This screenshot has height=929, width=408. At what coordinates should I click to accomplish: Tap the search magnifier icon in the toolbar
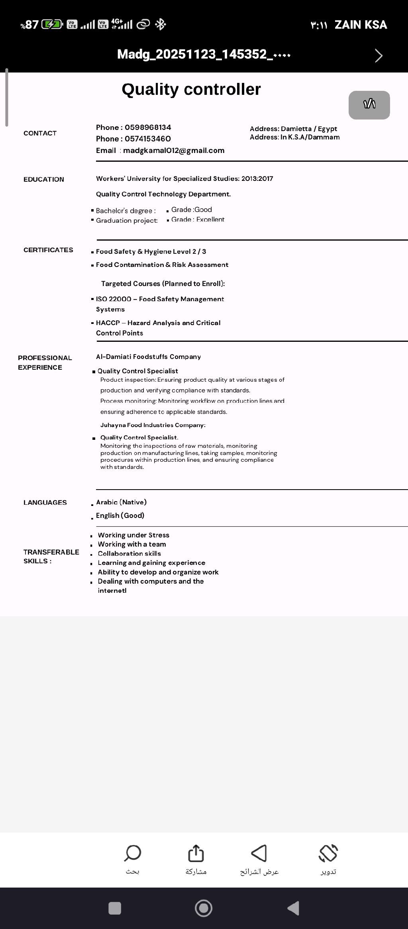(133, 853)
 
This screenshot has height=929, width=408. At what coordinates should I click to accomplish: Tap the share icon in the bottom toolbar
(196, 853)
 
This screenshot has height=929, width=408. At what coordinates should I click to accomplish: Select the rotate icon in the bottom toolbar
(328, 853)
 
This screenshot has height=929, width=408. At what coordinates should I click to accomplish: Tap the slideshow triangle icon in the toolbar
(259, 853)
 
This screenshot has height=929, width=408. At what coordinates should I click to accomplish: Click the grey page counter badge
(369, 105)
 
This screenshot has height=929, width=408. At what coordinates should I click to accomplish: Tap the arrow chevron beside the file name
(379, 55)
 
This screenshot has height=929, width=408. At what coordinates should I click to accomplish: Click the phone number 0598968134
(148, 127)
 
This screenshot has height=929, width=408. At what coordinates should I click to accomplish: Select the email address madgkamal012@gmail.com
(174, 151)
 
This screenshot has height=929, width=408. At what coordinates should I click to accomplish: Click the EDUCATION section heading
(44, 180)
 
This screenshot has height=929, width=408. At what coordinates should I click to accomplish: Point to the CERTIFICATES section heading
(48, 250)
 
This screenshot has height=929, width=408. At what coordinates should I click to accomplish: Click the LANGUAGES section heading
(45, 503)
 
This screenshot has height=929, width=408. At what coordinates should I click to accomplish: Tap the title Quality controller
(191, 90)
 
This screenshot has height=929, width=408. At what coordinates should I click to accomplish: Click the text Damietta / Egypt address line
(293, 129)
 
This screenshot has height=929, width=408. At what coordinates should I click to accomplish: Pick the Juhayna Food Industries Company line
(153, 425)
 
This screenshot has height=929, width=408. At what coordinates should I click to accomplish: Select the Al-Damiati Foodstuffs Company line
(148, 357)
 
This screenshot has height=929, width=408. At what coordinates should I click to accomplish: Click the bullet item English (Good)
(120, 515)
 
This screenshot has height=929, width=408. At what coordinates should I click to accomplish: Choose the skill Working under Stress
(133, 535)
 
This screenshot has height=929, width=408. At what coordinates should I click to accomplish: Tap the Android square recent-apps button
(115, 908)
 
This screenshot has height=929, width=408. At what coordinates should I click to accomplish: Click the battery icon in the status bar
(52, 25)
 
